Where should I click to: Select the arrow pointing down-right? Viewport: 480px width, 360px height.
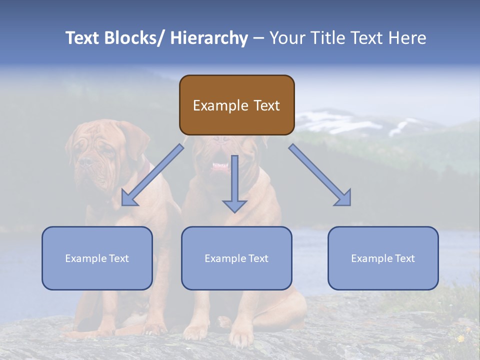point(320,175)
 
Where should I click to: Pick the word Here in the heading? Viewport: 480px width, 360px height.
point(407,38)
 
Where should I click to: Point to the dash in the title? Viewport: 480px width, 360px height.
point(258,38)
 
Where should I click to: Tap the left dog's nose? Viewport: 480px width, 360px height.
point(85,162)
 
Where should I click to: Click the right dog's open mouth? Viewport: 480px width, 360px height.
point(219,166)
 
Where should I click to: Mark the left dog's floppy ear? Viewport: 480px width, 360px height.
point(132,137)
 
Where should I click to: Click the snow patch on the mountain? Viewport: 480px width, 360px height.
point(320,119)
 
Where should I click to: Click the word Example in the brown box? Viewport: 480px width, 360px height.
point(213,105)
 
